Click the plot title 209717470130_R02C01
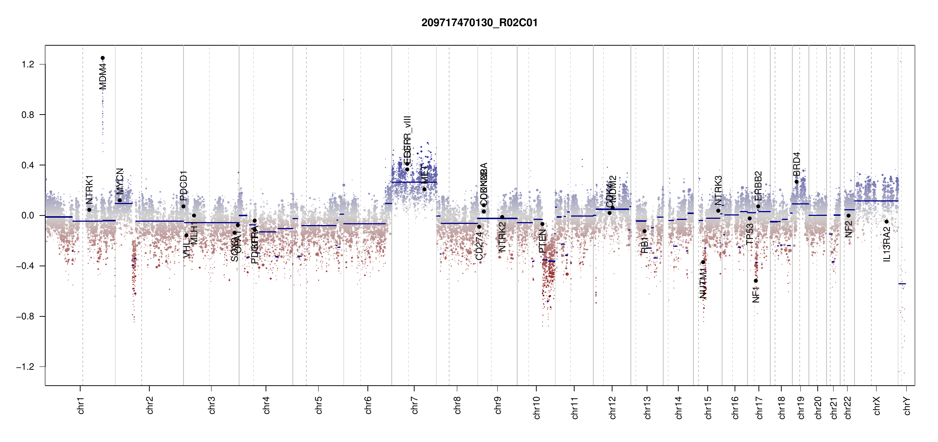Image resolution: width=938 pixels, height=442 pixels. [479, 23]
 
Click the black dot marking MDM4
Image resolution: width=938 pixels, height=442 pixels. [103, 58]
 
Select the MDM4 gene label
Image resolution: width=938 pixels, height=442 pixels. [103, 77]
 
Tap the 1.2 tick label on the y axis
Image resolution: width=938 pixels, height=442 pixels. [28, 64]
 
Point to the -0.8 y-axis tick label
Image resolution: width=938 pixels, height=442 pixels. [25, 316]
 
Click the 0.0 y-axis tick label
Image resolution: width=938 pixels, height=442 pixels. [28, 215]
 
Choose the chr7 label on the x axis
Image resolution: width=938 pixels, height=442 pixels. [415, 405]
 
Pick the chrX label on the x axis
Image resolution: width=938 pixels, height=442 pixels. [877, 406]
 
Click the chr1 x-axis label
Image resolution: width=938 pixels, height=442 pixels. [81, 405]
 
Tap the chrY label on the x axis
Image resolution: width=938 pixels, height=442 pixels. [907, 406]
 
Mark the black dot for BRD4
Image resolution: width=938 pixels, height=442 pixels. [796, 182]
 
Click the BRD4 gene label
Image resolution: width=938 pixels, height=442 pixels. [797, 164]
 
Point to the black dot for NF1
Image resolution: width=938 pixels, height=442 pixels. [756, 281]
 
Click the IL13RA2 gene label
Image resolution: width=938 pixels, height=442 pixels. [887, 244]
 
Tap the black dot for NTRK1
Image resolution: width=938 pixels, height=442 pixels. [89, 210]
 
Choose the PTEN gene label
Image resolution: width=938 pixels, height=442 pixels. [542, 241]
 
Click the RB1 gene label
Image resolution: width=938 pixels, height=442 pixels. [644, 245]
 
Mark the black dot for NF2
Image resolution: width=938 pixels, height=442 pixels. [848, 216]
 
